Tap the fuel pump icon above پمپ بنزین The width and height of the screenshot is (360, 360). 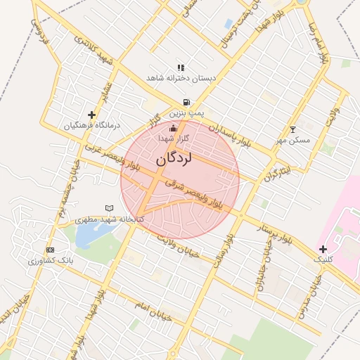(186, 102)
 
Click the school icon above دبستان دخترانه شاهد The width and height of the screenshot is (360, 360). (181, 67)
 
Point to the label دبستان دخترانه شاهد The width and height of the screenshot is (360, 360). (180, 78)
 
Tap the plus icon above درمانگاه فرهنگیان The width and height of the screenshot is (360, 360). (91, 115)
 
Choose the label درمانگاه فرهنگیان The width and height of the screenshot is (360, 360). (92, 125)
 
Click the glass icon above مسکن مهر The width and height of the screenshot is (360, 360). (292, 129)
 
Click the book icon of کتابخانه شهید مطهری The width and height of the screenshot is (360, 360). (108, 208)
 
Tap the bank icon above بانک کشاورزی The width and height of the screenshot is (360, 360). (49, 250)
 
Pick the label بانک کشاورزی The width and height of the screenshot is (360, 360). (50, 261)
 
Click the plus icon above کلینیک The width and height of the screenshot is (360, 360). (323, 249)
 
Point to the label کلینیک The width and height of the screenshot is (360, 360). (323, 259)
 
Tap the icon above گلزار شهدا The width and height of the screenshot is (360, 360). (173, 128)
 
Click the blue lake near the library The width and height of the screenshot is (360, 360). (89, 235)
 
